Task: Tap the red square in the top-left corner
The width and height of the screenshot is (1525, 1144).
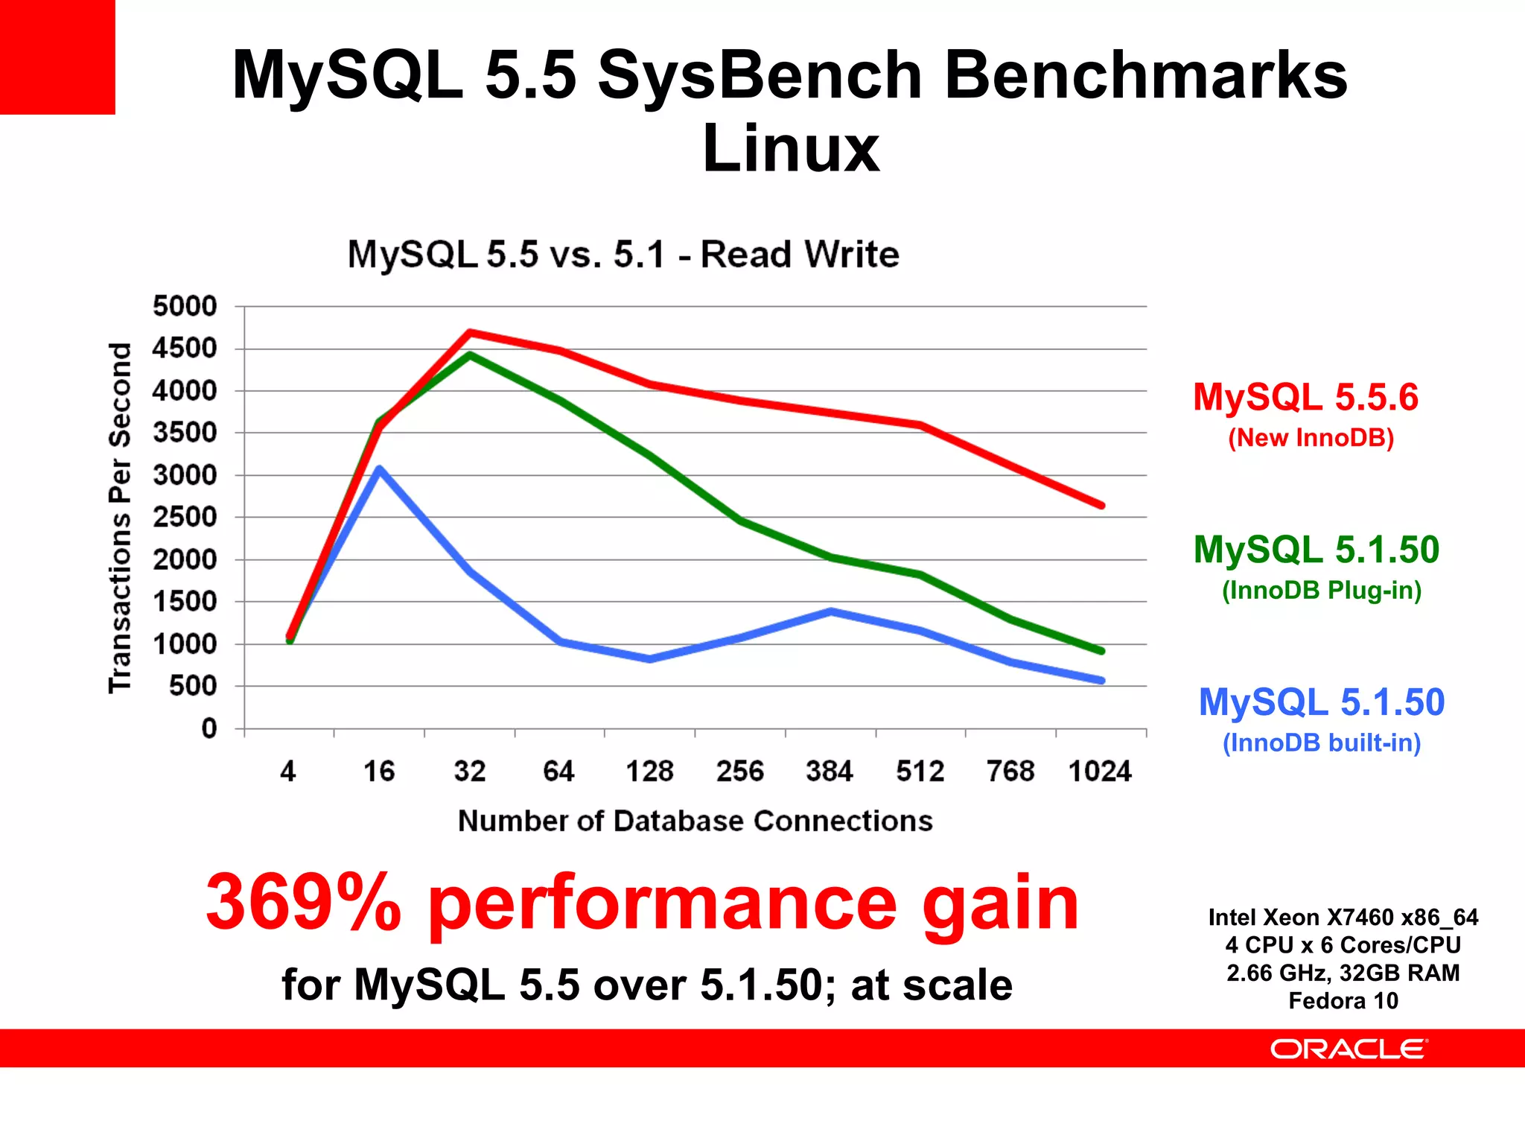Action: tap(57, 57)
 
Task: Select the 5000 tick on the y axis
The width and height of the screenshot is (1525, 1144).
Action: tap(185, 306)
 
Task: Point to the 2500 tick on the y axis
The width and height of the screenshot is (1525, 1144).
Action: tap(185, 517)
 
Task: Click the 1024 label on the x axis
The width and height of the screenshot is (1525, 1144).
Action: tap(1100, 771)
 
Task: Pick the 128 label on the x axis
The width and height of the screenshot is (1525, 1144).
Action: tap(649, 771)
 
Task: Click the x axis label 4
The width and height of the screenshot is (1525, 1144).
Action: tap(288, 771)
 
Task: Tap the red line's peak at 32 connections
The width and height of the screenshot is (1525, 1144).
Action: tap(470, 331)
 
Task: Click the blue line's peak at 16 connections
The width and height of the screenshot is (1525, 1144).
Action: tap(380, 468)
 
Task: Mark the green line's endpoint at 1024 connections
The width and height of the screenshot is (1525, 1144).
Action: tap(1101, 651)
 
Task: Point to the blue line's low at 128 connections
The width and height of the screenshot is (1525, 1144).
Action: tap(650, 659)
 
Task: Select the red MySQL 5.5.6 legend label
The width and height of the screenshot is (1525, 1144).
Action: tap(1305, 397)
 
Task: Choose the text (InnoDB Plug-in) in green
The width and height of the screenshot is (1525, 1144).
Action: tap(1322, 590)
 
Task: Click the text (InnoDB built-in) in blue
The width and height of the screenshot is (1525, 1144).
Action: tap(1322, 743)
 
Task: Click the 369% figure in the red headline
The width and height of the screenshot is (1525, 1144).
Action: tap(303, 903)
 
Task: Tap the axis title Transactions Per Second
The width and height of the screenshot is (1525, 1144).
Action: tap(120, 518)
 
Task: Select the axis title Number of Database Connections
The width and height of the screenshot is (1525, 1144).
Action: tap(695, 821)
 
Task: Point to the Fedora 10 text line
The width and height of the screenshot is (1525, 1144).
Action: tap(1343, 1000)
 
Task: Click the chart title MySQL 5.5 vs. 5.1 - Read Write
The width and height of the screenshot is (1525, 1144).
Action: tap(623, 255)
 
